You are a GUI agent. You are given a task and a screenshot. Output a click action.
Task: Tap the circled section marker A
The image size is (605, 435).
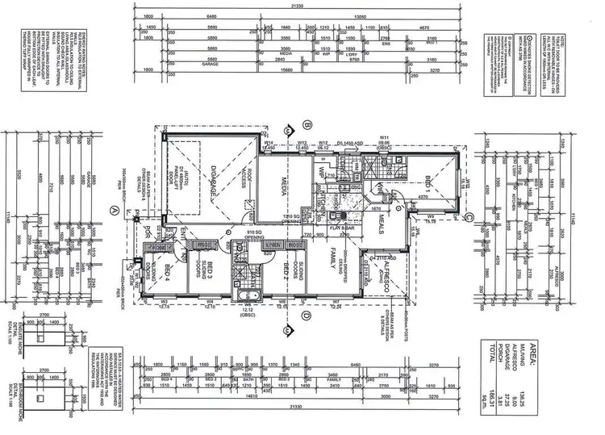[114, 209]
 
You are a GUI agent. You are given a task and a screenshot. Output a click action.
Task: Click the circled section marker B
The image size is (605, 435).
[307, 124]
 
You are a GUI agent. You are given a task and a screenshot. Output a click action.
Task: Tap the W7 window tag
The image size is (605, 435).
[336, 303]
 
